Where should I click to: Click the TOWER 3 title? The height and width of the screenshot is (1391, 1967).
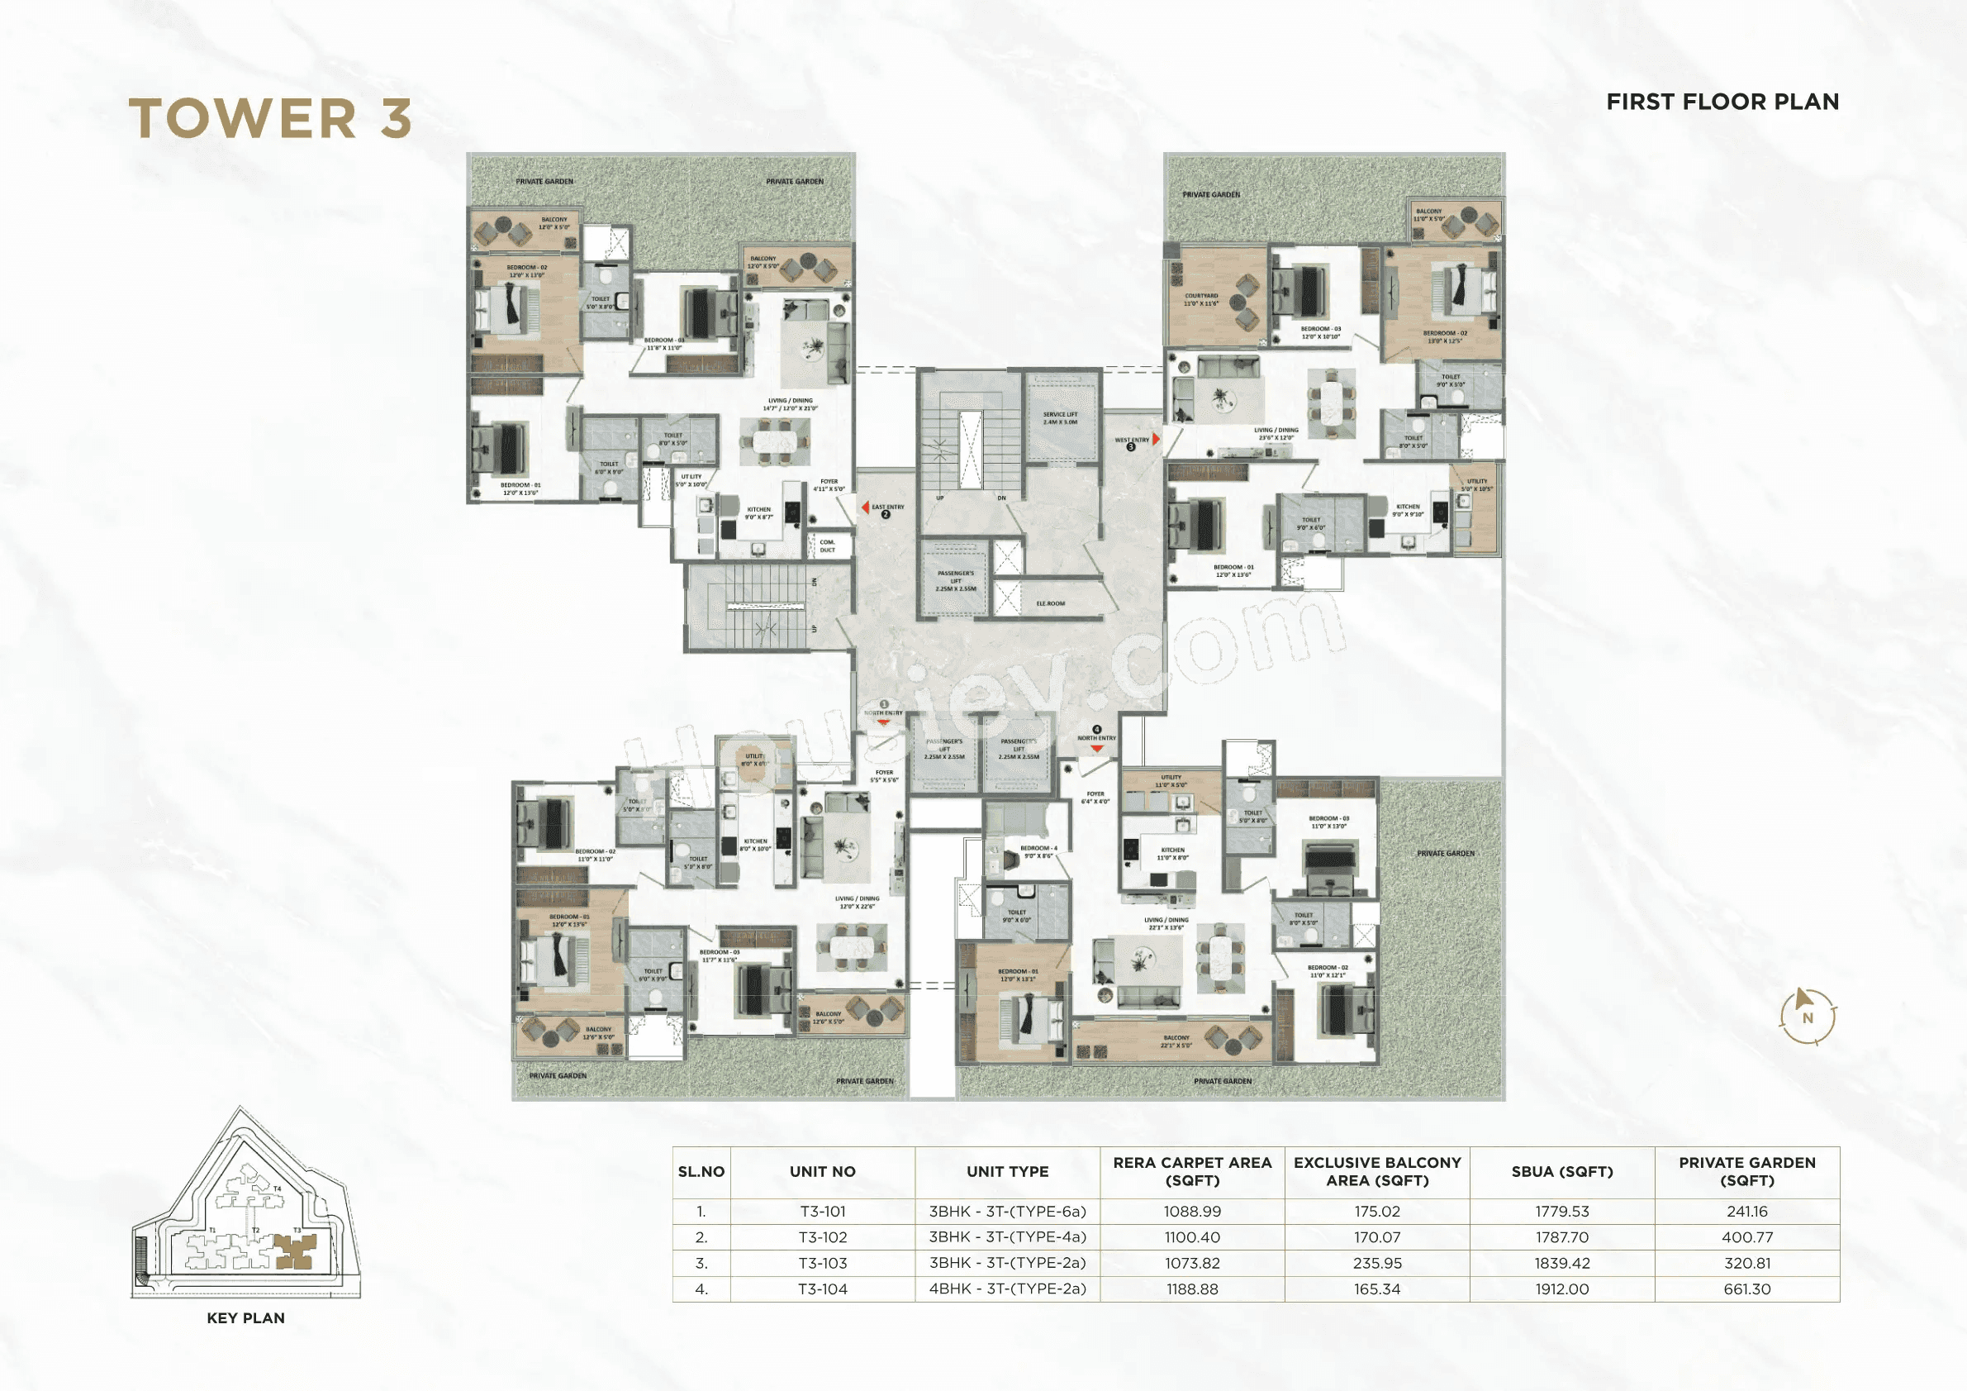point(270,118)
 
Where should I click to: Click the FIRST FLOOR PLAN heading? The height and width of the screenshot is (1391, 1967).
point(1722,102)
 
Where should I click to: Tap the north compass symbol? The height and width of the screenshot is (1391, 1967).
point(1808,1017)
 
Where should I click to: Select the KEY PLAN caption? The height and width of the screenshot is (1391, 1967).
point(246,1318)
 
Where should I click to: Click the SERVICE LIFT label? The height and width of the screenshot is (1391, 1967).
point(1060,418)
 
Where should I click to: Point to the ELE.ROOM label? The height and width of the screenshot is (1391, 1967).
point(1050,603)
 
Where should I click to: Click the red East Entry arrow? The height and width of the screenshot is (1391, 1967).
point(866,507)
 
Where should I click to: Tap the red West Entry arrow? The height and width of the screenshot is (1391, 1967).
point(1156,439)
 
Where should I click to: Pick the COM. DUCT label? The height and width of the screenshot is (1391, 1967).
point(827,546)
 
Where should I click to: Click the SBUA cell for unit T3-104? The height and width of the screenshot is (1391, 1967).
point(1561,1289)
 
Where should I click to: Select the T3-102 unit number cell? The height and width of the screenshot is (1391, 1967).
point(823,1237)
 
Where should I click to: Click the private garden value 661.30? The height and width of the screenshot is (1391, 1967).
point(1746,1289)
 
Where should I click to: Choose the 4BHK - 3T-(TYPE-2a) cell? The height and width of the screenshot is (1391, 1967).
point(1008,1289)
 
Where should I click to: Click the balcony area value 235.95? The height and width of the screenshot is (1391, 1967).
point(1376,1263)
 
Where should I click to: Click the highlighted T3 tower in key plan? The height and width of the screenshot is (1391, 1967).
point(294,1252)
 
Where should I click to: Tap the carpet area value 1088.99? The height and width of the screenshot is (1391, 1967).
point(1191,1212)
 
